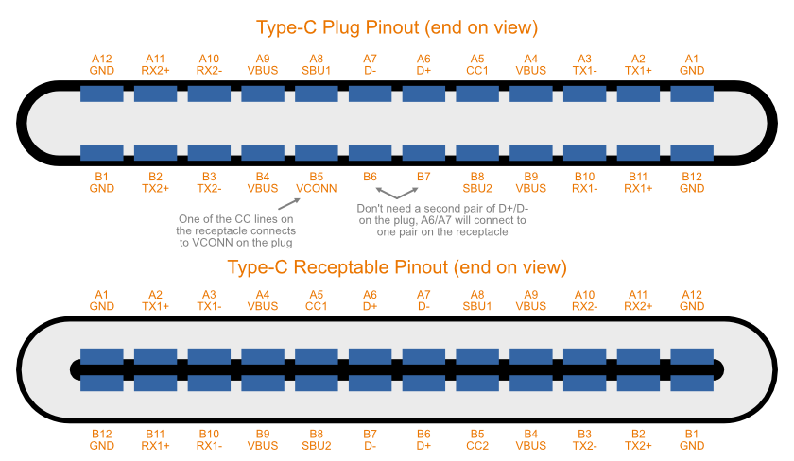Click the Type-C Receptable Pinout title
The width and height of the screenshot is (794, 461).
(396, 266)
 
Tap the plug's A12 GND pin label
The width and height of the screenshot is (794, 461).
(101, 64)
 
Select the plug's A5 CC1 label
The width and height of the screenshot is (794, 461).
(477, 64)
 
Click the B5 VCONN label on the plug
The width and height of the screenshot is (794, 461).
(316, 182)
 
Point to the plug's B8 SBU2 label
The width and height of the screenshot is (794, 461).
(477, 182)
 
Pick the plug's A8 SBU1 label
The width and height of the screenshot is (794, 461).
(316, 64)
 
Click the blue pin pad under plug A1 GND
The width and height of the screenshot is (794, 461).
(692, 94)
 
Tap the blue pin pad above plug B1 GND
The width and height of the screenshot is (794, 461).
(101, 152)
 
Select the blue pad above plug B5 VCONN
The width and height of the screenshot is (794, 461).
(316, 152)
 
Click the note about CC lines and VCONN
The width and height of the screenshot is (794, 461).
(235, 230)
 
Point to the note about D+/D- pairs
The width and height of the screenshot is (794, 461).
(441, 219)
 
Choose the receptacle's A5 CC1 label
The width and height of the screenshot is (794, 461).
(316, 300)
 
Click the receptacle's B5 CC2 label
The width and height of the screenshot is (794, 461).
(477, 439)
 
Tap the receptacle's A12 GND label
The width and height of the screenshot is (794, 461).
(692, 300)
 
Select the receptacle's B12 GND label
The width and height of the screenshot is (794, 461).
(101, 439)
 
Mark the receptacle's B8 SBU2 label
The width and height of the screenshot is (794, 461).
(316, 439)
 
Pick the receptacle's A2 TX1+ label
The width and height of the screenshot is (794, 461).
(155, 300)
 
